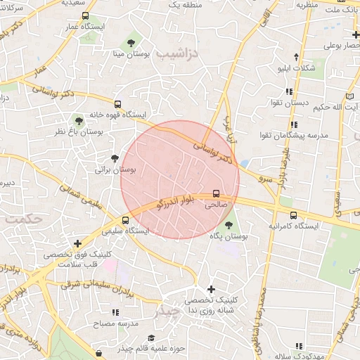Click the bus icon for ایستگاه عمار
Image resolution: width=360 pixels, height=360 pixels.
[x=85, y=15]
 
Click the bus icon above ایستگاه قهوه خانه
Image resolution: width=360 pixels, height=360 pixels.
[x=117, y=102]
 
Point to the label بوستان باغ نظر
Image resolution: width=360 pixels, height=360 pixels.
[x=79, y=131]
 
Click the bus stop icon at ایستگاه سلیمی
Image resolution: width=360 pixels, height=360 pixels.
[x=125, y=219]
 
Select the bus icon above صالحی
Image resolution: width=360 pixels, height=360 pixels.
[x=215, y=194]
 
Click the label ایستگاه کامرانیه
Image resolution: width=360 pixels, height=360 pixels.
[x=295, y=226]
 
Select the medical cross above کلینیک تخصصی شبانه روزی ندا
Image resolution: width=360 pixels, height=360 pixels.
[x=211, y=289]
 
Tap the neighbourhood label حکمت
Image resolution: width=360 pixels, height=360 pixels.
[x=22, y=219]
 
